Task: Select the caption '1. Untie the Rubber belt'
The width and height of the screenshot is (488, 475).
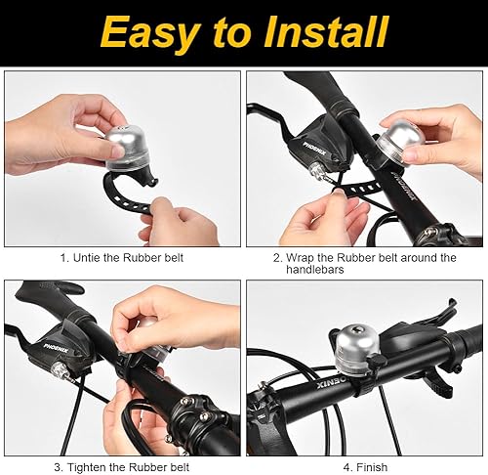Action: pyautogui.click(x=121, y=258)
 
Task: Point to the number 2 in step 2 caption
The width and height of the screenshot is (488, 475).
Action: pyautogui.click(x=277, y=258)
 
